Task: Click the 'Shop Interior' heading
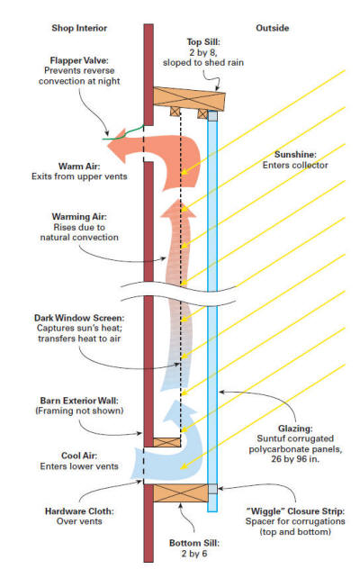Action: pyautogui.click(x=79, y=28)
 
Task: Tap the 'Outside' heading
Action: pyautogui.click(x=272, y=28)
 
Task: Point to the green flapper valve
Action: pyautogui.click(x=123, y=133)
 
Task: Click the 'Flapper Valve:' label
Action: pyautogui.click(x=79, y=60)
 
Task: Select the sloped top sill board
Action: pyautogui.click(x=189, y=98)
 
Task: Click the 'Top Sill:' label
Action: pyautogui.click(x=203, y=42)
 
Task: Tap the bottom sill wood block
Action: pyautogui.click(x=180, y=492)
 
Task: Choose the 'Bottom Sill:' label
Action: pyautogui.click(x=194, y=543)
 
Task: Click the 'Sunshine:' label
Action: pyautogui.click(x=295, y=155)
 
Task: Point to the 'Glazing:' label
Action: pyautogui.click(x=295, y=429)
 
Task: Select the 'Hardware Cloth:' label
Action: pyautogui.click(x=79, y=511)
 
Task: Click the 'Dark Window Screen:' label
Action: pyautogui.click(x=79, y=318)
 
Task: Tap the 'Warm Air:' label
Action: pyautogui.click(x=79, y=167)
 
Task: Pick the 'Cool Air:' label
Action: pyautogui.click(x=79, y=456)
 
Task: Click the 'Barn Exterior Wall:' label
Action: pyautogui.click(x=79, y=401)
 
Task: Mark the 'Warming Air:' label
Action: pyautogui.click(x=79, y=217)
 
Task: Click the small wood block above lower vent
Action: pyautogui.click(x=166, y=442)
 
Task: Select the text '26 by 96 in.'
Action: pyautogui.click(x=295, y=458)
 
